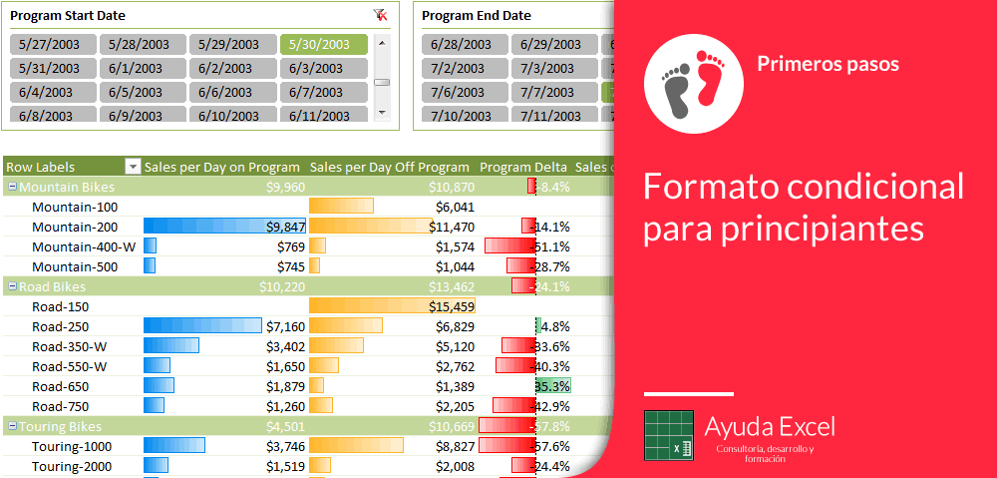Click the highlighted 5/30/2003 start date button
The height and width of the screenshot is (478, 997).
(323, 45)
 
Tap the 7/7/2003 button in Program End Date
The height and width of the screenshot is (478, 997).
(553, 92)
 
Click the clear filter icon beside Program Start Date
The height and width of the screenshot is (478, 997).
(380, 15)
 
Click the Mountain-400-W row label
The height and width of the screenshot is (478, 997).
(83, 246)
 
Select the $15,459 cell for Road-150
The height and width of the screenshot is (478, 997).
(452, 306)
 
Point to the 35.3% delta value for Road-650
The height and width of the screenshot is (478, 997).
(552, 386)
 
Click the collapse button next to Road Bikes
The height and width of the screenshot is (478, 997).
(11, 286)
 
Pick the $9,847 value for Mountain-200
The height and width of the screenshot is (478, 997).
(285, 227)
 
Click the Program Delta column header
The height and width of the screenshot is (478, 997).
(522, 167)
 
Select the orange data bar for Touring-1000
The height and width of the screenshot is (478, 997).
(356, 446)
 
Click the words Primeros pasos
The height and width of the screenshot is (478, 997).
(828, 64)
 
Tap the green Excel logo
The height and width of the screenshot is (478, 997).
(668, 436)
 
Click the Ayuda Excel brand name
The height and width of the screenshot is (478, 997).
(769, 427)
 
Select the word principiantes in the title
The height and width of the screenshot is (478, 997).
(783, 228)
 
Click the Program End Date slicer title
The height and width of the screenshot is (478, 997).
(477, 16)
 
